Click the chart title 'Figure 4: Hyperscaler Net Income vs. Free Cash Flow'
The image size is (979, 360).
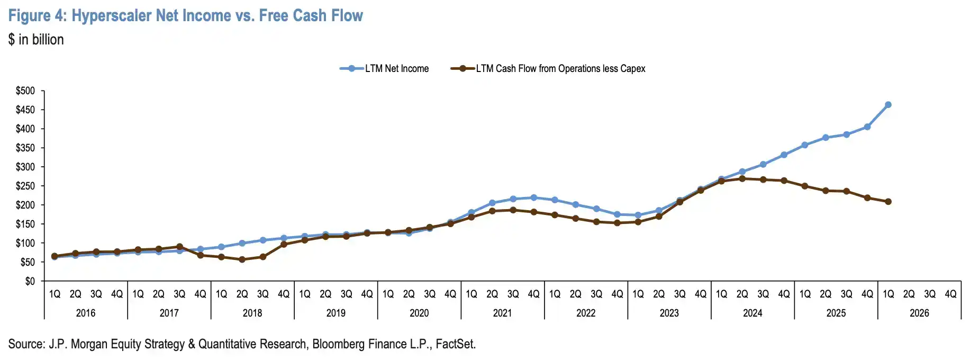pyautogui.click(x=185, y=15)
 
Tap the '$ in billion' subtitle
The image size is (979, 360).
pyautogui.click(x=36, y=40)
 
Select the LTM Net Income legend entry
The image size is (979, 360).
pyautogui.click(x=384, y=68)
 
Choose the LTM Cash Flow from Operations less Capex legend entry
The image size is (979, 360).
pyautogui.click(x=548, y=68)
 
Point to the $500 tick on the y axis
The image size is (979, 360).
pyautogui.click(x=25, y=91)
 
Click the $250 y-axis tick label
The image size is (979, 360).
pyautogui.click(x=25, y=186)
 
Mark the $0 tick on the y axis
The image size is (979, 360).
pyautogui.click(x=30, y=281)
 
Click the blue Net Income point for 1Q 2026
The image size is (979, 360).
pyautogui.click(x=888, y=105)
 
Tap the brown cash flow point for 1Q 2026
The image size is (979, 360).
pyautogui.click(x=888, y=202)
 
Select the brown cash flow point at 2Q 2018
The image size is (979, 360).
pyautogui.click(x=242, y=259)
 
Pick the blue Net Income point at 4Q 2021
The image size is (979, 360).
pyautogui.click(x=533, y=197)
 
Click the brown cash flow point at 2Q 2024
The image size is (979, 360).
pyautogui.click(x=742, y=178)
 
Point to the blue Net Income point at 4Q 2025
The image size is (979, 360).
pyautogui.click(x=867, y=127)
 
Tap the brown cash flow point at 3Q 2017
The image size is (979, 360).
pyautogui.click(x=179, y=247)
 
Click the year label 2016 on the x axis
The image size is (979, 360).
pyautogui.click(x=86, y=313)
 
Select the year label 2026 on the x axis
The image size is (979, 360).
pyautogui.click(x=919, y=313)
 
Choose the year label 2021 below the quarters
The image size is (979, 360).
pyautogui.click(x=502, y=313)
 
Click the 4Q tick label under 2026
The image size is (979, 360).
pyautogui.click(x=950, y=294)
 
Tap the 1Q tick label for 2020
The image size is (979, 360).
pyautogui.click(x=388, y=294)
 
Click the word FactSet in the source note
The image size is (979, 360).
pyautogui.click(x=456, y=344)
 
